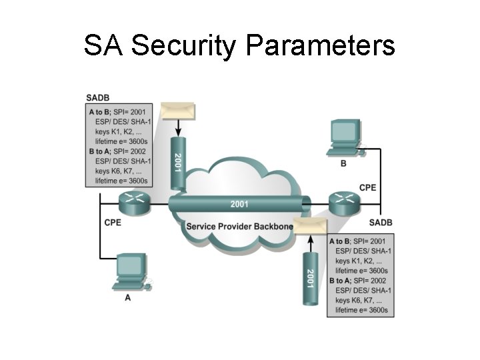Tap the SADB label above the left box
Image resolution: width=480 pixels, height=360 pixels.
pyautogui.click(x=97, y=98)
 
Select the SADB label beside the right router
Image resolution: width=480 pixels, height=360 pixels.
pyautogui.click(x=381, y=222)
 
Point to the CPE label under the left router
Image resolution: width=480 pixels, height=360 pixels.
pyautogui.click(x=113, y=223)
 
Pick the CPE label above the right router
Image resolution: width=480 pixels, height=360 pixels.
pyautogui.click(x=368, y=187)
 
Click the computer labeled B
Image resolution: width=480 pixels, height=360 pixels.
pyautogui.click(x=345, y=138)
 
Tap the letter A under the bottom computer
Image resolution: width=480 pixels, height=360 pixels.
pyautogui.click(x=127, y=298)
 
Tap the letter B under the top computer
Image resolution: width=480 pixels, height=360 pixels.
pyautogui.click(x=343, y=163)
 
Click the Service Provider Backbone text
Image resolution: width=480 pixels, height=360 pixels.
pyautogui.click(x=239, y=227)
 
